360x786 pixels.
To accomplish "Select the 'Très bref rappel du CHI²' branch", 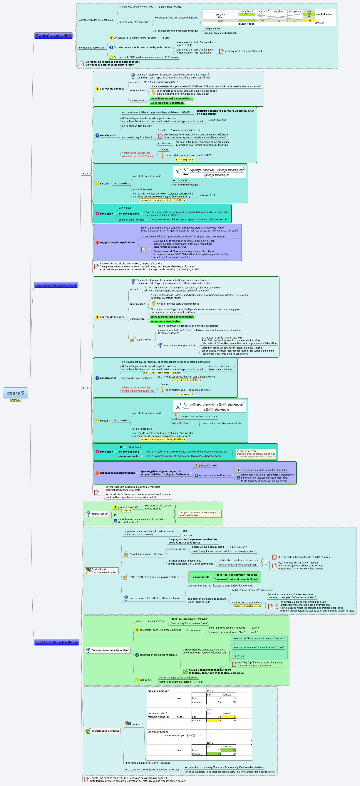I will pos(53,36).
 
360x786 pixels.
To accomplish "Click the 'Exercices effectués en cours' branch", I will pos(56,285).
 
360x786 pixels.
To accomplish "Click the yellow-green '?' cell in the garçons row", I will pos(246,14).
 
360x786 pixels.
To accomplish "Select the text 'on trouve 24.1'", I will pos(181,180).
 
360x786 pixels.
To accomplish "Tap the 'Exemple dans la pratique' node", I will pos(105,731).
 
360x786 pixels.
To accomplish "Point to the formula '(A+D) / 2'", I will pos(239,656).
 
